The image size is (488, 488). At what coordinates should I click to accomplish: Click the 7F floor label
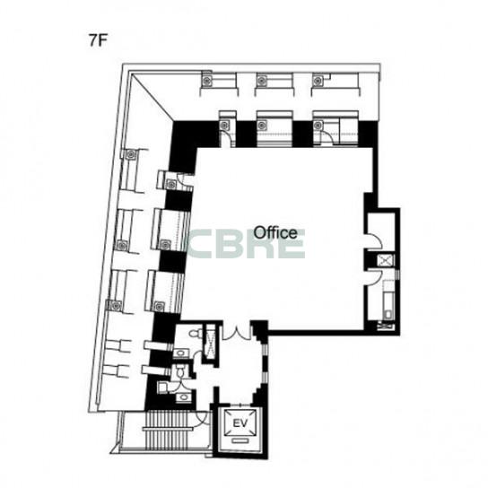tap(98, 40)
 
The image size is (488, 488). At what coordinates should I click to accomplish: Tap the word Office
tap(275, 232)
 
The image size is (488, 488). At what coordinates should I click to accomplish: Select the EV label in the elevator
tap(240, 423)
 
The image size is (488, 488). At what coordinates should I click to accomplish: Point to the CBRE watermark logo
tap(246, 244)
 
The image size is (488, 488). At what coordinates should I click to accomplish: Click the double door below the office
tap(237, 333)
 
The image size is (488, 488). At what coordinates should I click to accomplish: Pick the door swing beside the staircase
tap(202, 419)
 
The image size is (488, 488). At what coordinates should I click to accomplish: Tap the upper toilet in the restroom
tap(194, 333)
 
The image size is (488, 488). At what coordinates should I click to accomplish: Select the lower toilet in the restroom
tap(180, 371)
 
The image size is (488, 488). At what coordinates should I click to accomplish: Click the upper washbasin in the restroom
tap(181, 353)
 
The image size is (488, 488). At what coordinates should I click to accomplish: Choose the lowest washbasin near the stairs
tap(184, 397)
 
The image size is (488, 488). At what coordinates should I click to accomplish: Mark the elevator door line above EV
tap(240, 405)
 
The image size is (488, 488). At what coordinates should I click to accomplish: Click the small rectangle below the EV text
tap(240, 440)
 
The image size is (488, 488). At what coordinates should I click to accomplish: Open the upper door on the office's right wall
tap(374, 240)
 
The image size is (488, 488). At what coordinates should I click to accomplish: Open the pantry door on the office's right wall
tap(374, 277)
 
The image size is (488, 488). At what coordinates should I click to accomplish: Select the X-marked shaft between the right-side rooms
tap(386, 260)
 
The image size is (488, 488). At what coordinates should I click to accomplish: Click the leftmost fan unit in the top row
tap(206, 81)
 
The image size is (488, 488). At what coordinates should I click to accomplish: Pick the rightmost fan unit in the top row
tap(318, 82)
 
